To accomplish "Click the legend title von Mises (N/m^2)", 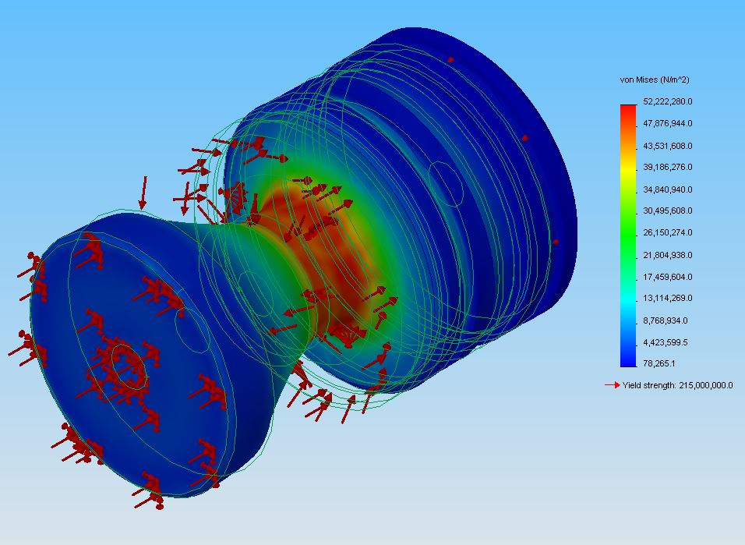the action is pos(655,80).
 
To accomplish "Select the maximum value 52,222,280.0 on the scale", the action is pos(668,101).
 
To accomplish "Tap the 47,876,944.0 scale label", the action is pos(668,124).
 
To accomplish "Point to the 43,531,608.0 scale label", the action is pos(668,146).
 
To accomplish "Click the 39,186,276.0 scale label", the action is pos(668,168).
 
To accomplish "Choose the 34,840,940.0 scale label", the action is pos(668,189).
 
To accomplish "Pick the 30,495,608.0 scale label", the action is pos(668,211).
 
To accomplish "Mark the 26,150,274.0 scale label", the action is pos(668,232).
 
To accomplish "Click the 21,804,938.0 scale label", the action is pos(668,256).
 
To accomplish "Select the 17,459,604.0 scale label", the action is pos(668,277).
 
